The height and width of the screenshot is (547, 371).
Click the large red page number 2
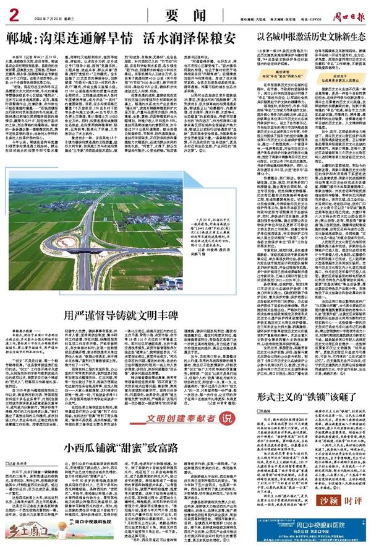[x=14, y=12]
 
